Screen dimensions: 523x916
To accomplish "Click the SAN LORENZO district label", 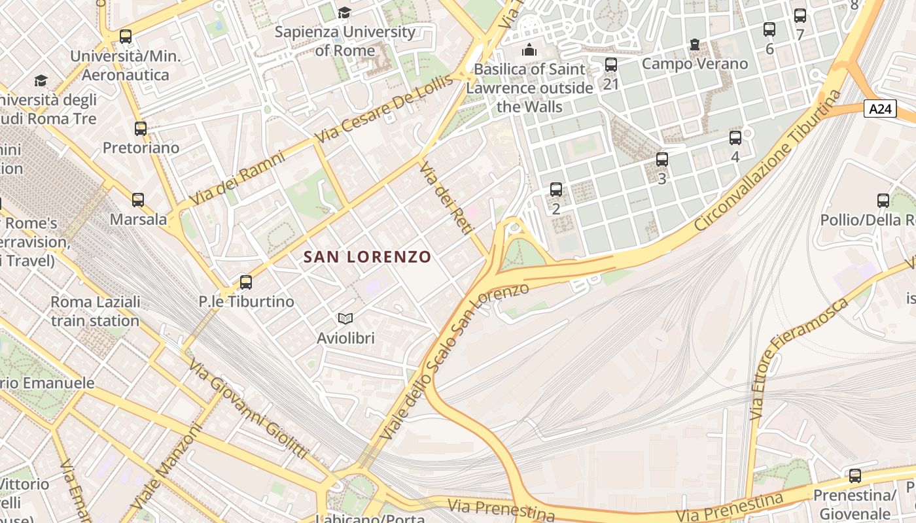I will [367, 257].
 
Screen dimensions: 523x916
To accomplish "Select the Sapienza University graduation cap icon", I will [344, 13].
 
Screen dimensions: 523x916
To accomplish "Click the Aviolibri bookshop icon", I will [345, 318].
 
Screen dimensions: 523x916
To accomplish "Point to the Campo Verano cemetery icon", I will [694, 45].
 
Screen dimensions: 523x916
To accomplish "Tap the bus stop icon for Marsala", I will [138, 200].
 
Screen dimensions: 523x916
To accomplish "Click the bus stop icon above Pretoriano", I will [141, 129].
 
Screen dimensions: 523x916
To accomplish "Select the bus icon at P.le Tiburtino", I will [246, 282].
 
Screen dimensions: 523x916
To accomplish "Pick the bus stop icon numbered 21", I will [611, 65].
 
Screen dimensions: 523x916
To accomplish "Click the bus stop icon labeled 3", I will [662, 160].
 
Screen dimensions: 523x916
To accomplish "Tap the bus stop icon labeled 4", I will [735, 138].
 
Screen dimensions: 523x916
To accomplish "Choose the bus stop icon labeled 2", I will [556, 190].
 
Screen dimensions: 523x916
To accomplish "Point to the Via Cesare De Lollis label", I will [384, 109].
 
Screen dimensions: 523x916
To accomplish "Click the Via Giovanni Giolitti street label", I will [248, 409].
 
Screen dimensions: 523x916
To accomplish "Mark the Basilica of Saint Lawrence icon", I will [529, 50].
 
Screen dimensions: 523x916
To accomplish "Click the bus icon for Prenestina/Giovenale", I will [854, 476].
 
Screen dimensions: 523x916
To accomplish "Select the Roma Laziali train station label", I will [96, 311].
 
